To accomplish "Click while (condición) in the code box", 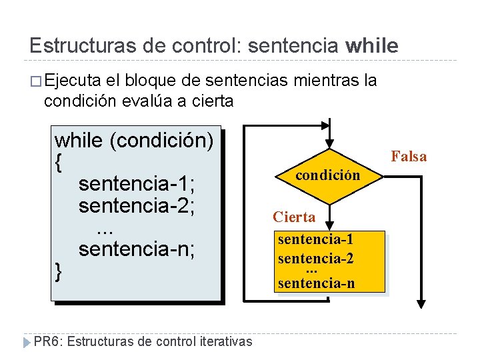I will point(134,141).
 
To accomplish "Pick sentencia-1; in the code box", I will point(136,183).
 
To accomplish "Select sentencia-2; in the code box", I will point(136,205).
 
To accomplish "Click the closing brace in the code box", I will point(59,271).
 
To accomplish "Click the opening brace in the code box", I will point(59,162).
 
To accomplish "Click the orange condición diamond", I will point(329,175).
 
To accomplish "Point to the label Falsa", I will point(409,157).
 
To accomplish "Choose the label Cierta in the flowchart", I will point(294,217).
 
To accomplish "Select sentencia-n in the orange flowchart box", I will point(316,283).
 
